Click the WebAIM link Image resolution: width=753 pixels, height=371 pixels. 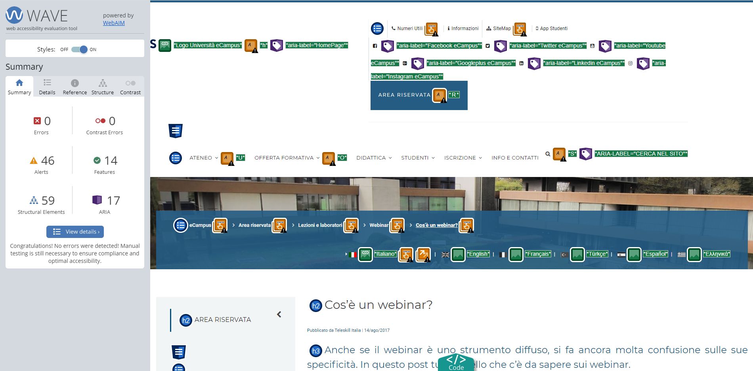pos(114,23)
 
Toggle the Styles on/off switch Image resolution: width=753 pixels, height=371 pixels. pos(79,49)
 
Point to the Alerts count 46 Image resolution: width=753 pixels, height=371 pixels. pos(48,161)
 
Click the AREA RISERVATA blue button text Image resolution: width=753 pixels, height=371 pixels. pos(404,95)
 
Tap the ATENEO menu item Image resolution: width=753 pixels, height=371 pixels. pos(201,158)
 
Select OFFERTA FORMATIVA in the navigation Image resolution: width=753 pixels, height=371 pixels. pos(284,158)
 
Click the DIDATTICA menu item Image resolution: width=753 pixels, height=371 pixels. pos(371,158)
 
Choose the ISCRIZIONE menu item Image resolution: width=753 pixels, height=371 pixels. pos(460,158)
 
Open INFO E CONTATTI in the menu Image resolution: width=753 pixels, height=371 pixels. pos(515,158)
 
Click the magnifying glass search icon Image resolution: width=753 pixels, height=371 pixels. pos(548,154)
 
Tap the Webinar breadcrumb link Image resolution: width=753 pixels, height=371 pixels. pos(379,225)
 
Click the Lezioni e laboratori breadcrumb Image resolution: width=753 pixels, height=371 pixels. pos(320,225)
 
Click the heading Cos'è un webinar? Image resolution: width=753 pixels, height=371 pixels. pos(378,305)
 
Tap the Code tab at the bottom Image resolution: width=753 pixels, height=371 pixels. pos(456,363)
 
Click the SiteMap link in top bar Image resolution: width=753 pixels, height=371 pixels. pos(502,29)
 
